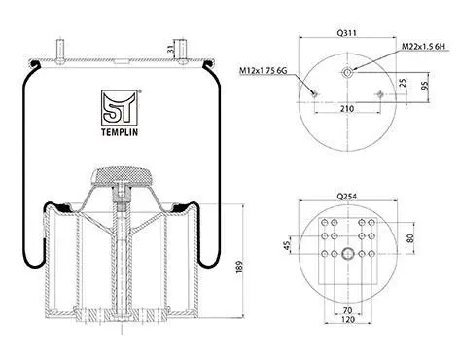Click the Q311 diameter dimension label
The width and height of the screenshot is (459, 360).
347,33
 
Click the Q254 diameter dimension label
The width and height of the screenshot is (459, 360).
347,197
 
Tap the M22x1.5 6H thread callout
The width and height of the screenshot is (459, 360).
424,47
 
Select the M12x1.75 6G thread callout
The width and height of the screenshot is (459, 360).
263,70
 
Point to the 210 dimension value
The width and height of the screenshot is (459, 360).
347,109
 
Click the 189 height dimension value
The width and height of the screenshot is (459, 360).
239,267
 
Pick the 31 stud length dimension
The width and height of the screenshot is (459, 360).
169,49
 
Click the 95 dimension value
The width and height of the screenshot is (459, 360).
425,85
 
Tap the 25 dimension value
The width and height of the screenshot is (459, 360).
403,83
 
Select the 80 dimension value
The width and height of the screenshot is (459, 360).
410,238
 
